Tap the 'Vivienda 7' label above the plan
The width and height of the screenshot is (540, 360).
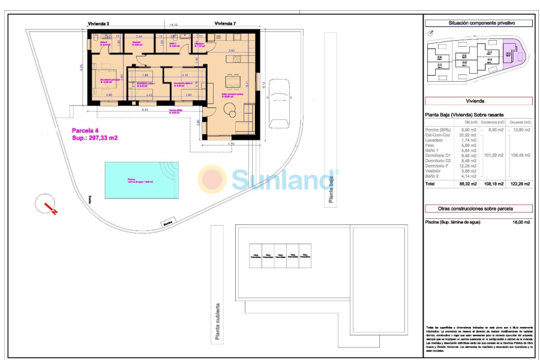pyautogui.click(x=225, y=23)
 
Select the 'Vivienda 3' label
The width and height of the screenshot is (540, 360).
pyautogui.click(x=98, y=23)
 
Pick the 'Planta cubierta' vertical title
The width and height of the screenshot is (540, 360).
pyautogui.click(x=217, y=322)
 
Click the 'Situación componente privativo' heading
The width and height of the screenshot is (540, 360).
pyautogui.click(x=478, y=23)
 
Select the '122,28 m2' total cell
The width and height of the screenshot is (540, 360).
pyautogui.click(x=519, y=184)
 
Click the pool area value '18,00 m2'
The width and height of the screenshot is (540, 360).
pyautogui.click(x=519, y=223)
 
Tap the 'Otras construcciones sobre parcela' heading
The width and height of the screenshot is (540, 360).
pyautogui.click(x=478, y=209)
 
